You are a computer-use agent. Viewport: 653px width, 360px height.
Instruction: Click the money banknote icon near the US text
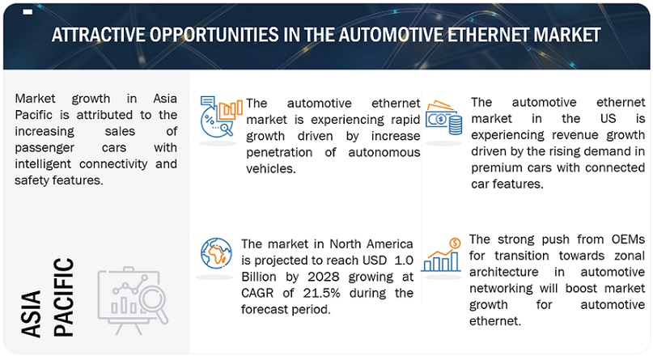coord(443,116)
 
